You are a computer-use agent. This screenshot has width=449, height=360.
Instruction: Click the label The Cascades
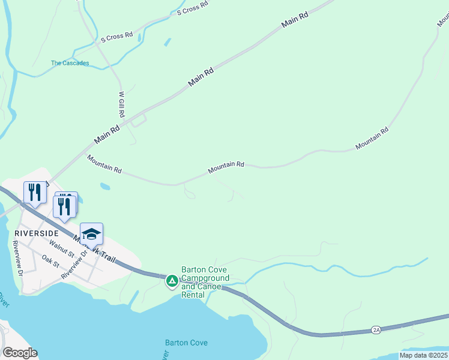pyautogui.click(x=70, y=63)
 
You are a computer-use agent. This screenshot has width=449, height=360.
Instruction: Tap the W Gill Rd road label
pyautogui.click(x=121, y=104)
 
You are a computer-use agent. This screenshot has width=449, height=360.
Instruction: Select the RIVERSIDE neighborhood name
pyautogui.click(x=37, y=233)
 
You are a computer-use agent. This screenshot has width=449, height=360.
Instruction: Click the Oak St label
pyautogui.click(x=50, y=261)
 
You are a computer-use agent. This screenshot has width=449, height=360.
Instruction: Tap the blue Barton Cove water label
pyautogui.click(x=186, y=343)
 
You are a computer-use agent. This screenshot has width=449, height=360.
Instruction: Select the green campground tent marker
pyautogui.click(x=172, y=280)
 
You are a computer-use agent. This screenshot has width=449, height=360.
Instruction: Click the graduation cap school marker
pyautogui.click(x=91, y=233)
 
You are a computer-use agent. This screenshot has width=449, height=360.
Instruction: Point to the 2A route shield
pyautogui.click(x=376, y=329)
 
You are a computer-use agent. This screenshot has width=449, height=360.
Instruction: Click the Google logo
pyautogui.click(x=20, y=353)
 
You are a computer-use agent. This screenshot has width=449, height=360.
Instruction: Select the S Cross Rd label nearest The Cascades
pyautogui.click(x=116, y=37)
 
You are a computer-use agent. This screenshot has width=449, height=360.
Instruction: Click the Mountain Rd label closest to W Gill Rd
pyautogui.click(x=104, y=164)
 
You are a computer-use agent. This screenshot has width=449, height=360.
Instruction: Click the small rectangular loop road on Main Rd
pyautogui.click(x=139, y=121)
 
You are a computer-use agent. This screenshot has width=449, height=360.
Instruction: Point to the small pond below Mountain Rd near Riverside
pyautogui.click(x=106, y=187)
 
